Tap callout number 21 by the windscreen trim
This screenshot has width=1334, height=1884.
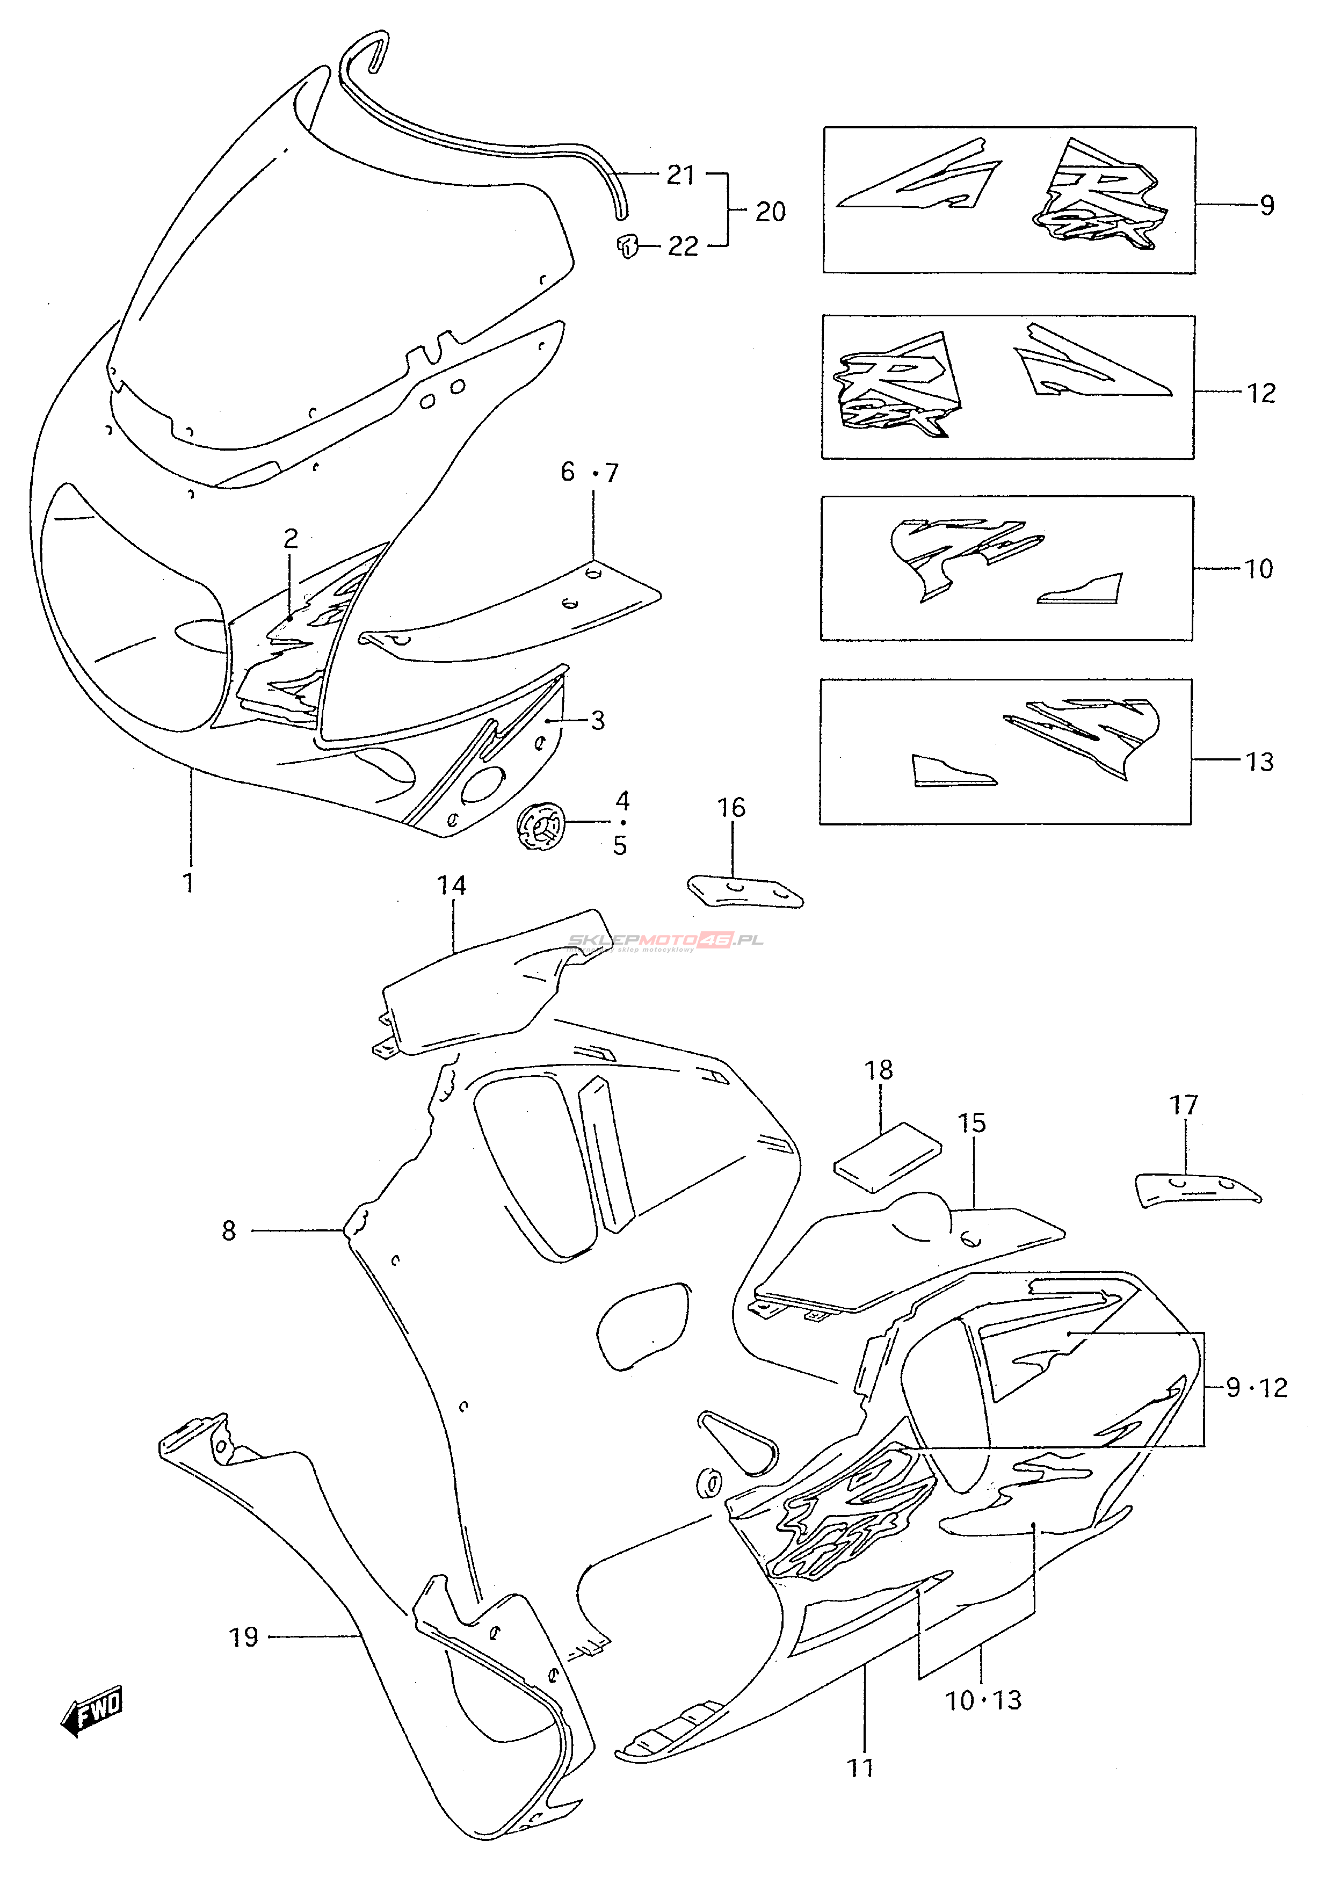coord(680,175)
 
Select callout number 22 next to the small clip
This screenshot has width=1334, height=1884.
coord(683,247)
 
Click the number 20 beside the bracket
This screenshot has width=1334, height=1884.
coord(770,212)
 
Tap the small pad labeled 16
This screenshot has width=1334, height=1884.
coord(743,891)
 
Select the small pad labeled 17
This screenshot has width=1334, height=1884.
coord(1195,1190)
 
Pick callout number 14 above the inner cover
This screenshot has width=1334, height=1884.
coord(451,885)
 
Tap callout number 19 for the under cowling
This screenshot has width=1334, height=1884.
coord(243,1637)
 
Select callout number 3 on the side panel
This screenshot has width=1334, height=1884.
coord(597,720)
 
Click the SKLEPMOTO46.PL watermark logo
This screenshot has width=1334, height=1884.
coord(665,940)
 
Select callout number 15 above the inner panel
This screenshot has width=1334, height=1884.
coord(971,1124)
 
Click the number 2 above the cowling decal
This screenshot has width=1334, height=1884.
coord(291,539)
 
